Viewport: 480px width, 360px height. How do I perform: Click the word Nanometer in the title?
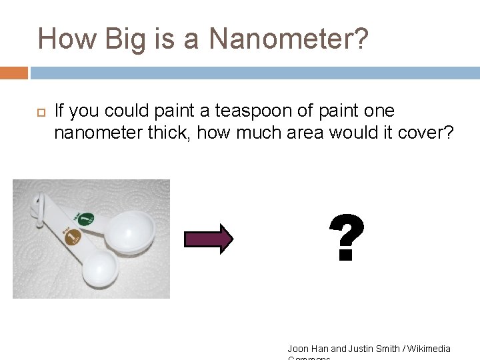288,39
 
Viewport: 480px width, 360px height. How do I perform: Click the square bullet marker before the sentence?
38,111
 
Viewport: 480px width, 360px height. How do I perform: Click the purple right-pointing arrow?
208,239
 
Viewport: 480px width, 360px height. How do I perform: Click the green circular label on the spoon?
85,218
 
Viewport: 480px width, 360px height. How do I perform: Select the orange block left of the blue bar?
13,73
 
